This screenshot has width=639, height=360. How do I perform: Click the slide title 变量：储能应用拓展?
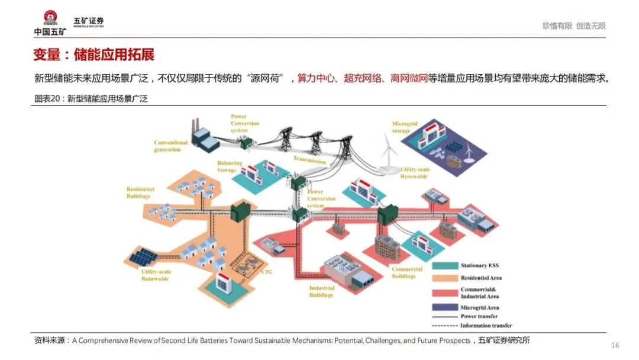[x=93, y=56]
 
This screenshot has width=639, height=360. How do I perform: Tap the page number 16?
[x=615, y=345]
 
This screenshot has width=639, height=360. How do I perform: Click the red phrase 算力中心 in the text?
[x=315, y=78]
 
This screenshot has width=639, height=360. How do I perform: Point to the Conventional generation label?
[x=170, y=146]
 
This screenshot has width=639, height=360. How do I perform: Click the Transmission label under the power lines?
[x=309, y=160]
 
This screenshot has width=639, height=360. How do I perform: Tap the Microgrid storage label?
[x=405, y=127]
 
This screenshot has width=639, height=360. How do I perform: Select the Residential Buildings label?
[x=140, y=192]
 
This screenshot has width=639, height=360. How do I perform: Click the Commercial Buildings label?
[x=407, y=272]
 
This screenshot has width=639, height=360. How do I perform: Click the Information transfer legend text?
[x=486, y=325]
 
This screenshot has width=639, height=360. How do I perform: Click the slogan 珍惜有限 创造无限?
[x=574, y=26]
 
